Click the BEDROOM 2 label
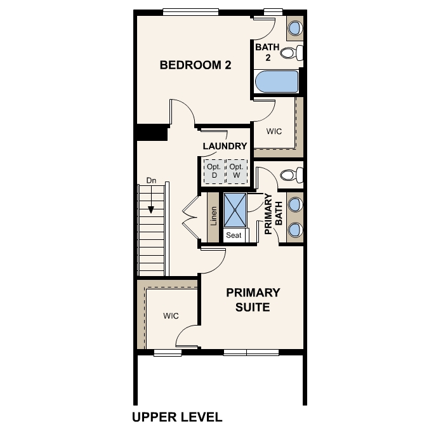coord(195,65)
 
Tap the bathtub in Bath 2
coord(276,82)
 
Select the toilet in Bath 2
coord(291,53)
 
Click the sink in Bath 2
coord(295,28)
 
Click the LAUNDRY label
coord(225,146)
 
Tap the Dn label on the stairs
coord(151,181)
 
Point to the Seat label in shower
coord(234,235)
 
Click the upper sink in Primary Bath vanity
coord(295,204)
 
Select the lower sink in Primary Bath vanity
coord(295,228)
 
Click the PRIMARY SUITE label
coord(253,300)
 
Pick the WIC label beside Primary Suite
coord(170,315)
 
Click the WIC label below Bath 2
coord(274,131)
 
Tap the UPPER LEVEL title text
coord(177,417)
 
